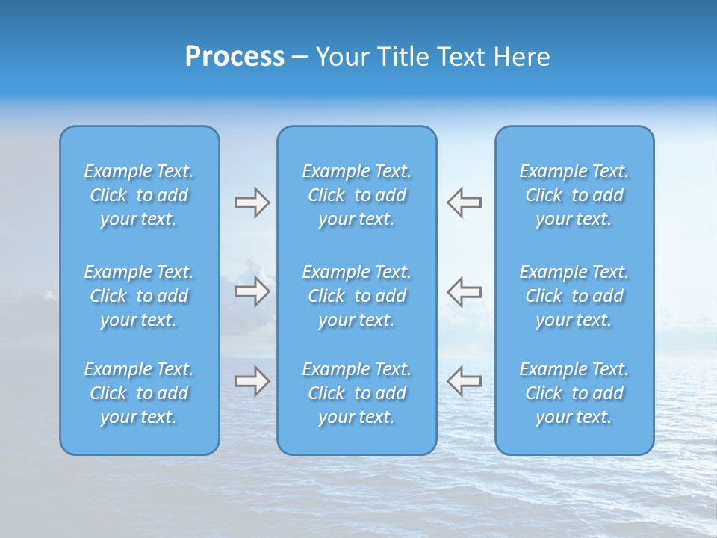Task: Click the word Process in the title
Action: click(x=235, y=57)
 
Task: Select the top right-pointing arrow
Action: click(x=252, y=202)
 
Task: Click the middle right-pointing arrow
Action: click(x=252, y=291)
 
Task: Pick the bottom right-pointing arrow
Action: click(x=252, y=381)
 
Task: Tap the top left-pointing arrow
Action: click(x=464, y=202)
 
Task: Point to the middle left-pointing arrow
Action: click(x=464, y=291)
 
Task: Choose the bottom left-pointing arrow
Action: click(x=464, y=381)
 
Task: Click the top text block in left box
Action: click(x=139, y=195)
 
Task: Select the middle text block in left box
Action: click(x=139, y=296)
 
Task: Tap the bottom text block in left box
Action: click(x=139, y=393)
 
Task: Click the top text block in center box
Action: click(x=357, y=195)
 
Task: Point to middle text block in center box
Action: click(x=357, y=296)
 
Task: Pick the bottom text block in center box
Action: click(x=357, y=393)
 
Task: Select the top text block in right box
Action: click(x=574, y=195)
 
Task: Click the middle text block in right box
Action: click(x=574, y=296)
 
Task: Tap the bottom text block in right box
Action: click(x=574, y=393)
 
